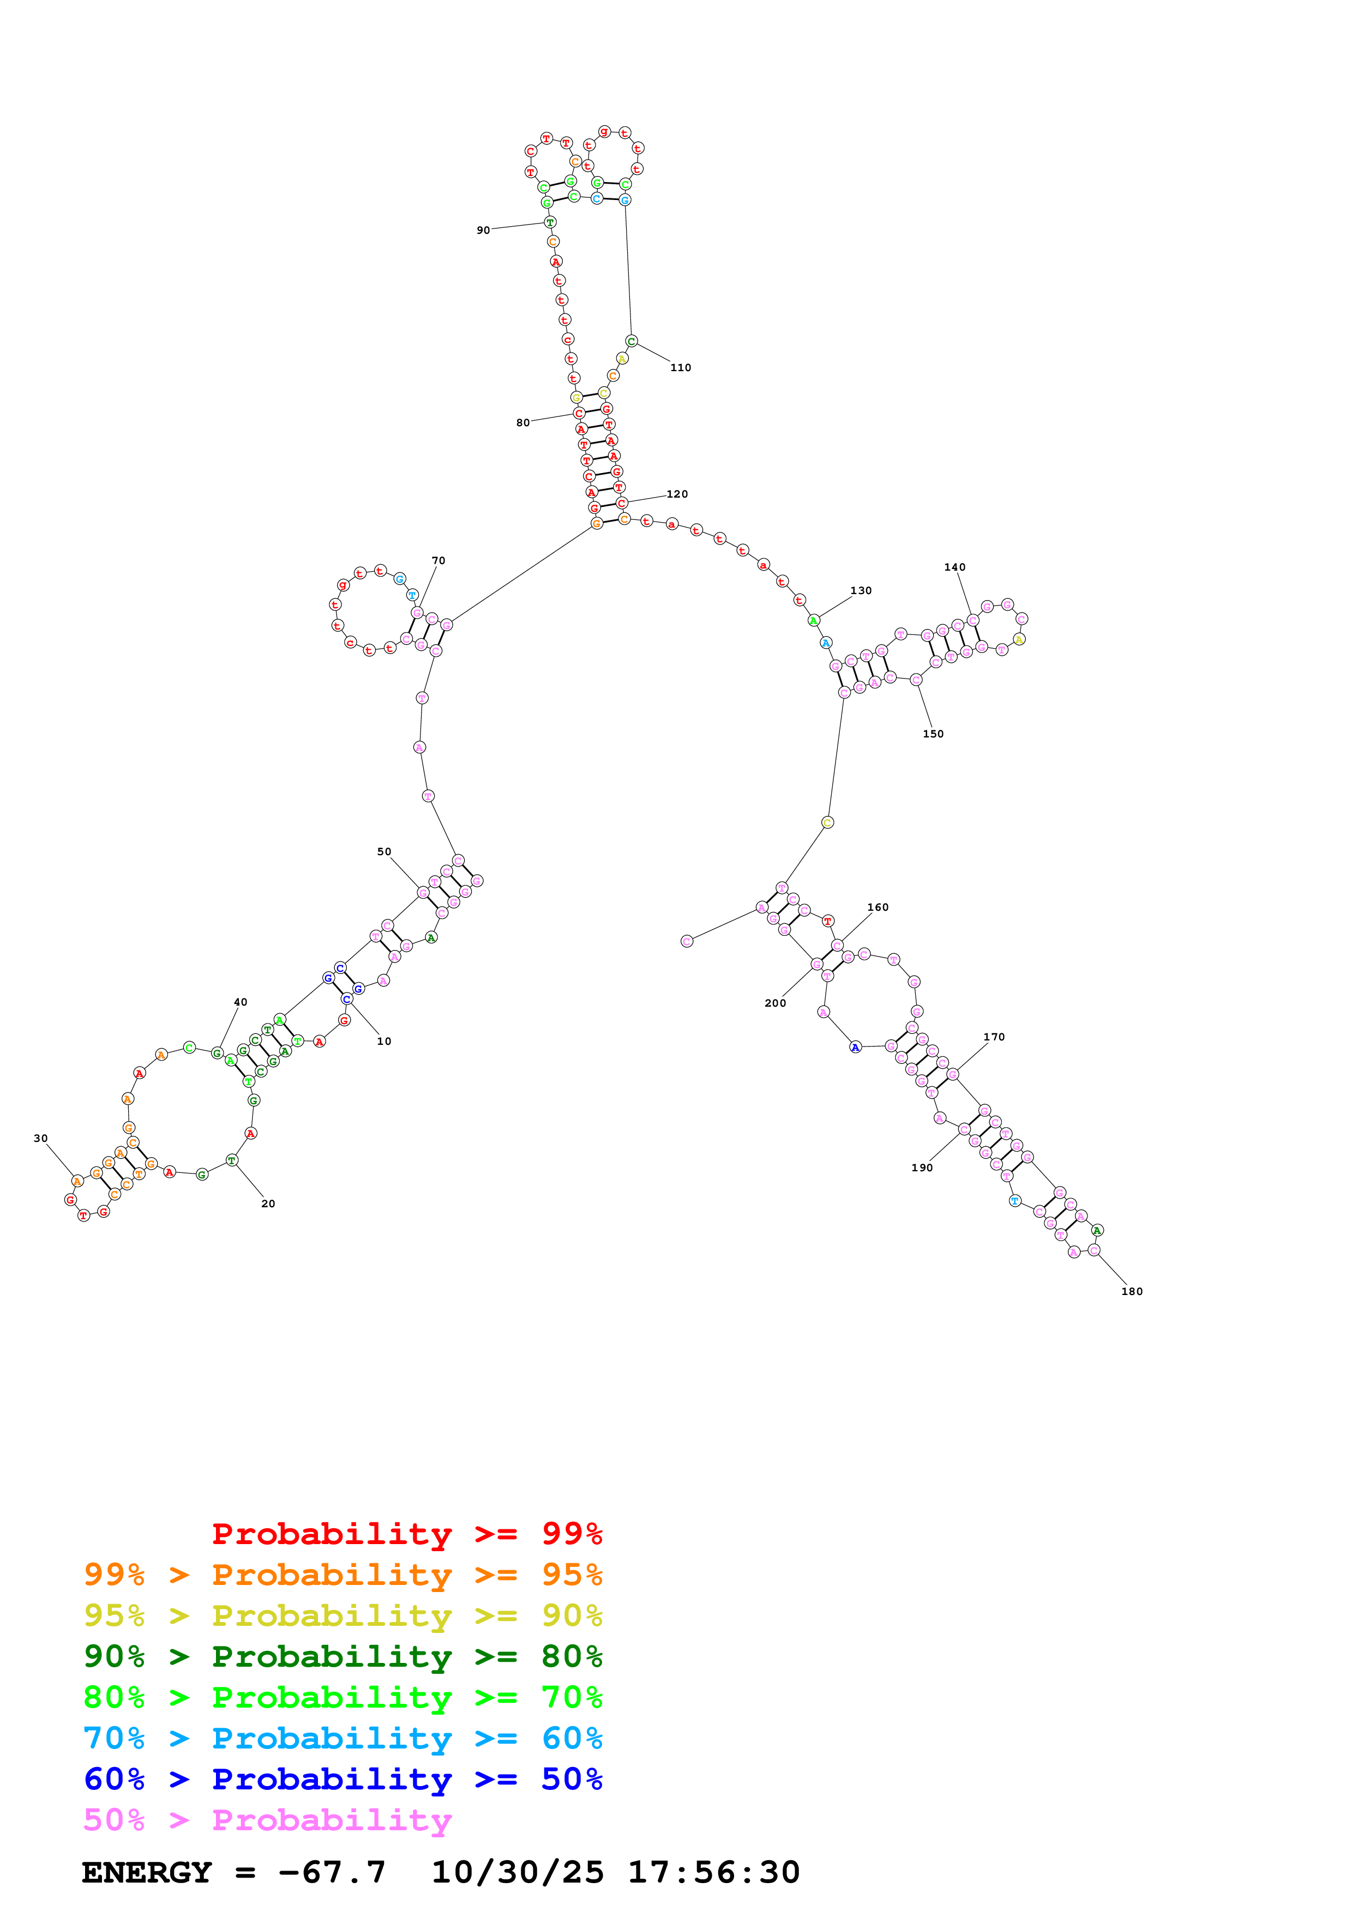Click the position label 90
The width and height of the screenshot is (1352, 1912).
click(x=483, y=231)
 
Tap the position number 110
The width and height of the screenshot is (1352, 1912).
click(x=681, y=367)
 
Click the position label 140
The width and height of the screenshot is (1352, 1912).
click(x=954, y=567)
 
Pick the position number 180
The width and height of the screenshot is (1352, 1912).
click(x=1132, y=1292)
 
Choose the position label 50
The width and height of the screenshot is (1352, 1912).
click(x=384, y=852)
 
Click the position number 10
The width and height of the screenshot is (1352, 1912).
click(x=384, y=1042)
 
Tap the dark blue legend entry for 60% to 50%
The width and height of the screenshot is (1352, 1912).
click(x=343, y=1779)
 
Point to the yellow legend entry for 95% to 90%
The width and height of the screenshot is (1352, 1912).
click(x=343, y=1615)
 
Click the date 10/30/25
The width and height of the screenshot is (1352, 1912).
click(x=518, y=1872)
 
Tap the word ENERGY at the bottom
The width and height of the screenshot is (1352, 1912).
click(x=147, y=1872)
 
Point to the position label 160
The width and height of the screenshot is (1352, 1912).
click(x=878, y=907)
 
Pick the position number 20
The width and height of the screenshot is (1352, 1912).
click(x=268, y=1204)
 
